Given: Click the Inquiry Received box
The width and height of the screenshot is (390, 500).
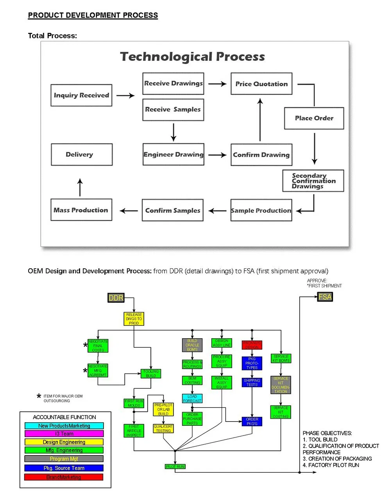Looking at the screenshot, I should click(81, 95).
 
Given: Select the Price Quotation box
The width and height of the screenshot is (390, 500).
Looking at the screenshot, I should click(261, 84).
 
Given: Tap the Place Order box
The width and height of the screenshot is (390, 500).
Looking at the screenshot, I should click(314, 118).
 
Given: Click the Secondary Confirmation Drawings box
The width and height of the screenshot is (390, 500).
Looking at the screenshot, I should click(313, 181).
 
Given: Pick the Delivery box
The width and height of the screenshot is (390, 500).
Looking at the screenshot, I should click(82, 155).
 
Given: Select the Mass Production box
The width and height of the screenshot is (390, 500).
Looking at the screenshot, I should click(81, 210).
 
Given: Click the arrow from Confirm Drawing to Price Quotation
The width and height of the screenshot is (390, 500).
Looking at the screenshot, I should click(260, 120).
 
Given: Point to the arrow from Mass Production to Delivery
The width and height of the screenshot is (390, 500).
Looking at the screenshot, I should click(80, 187).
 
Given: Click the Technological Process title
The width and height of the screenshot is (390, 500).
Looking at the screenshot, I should click(192, 57).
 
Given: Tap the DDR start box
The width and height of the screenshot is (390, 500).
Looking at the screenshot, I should click(116, 298).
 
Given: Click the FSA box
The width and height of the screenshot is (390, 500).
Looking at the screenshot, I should click(325, 297).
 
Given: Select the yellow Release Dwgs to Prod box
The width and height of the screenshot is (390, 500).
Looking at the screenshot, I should click(134, 319).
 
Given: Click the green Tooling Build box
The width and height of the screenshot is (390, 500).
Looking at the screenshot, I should click(151, 373).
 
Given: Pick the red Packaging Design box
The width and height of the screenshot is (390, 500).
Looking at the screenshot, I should click(252, 345).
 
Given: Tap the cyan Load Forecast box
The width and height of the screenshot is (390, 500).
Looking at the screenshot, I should click(192, 398).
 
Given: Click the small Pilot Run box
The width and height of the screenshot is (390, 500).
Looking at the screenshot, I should click(175, 466).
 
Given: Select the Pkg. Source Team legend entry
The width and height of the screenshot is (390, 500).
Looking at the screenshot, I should click(64, 468).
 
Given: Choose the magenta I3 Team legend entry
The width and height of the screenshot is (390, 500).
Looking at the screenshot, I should click(64, 434).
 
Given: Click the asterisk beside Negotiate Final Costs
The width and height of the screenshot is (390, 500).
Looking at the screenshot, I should click(85, 346).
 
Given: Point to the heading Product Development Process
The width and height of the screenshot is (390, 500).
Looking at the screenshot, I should click(93, 15).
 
